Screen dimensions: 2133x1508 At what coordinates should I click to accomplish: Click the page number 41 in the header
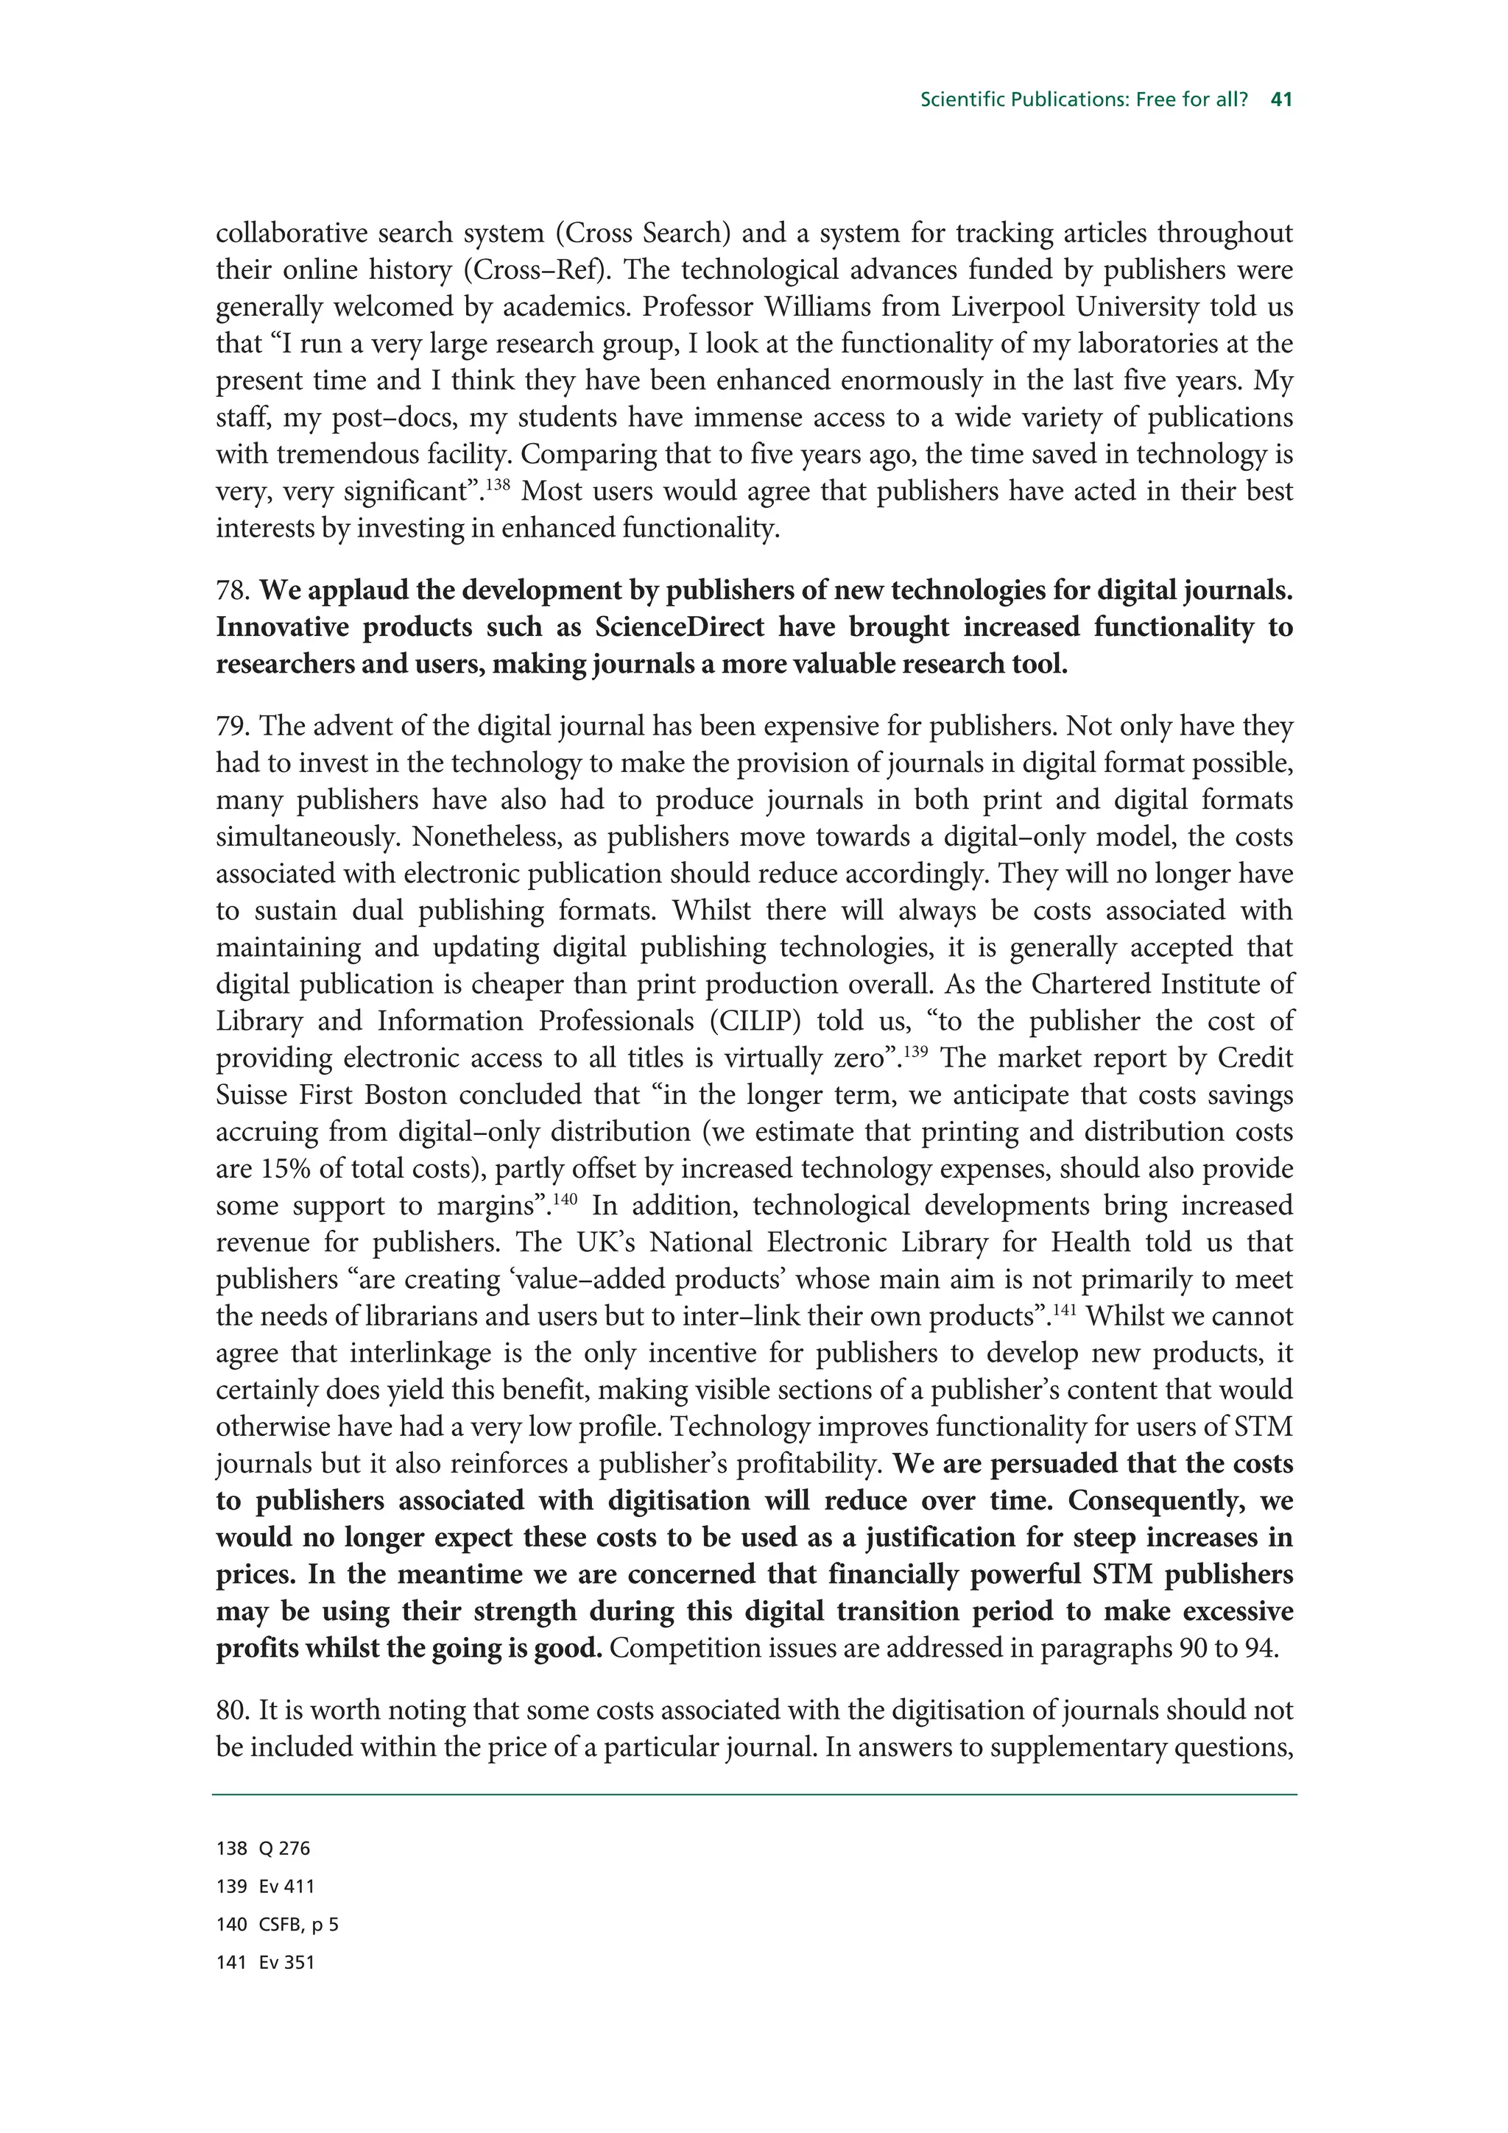coord(1281,99)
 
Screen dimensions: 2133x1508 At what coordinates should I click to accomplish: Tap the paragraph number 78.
coord(233,591)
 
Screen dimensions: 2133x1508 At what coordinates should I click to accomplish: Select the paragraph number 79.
coord(233,726)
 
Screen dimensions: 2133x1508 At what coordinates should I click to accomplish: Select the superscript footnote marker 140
coord(565,1198)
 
